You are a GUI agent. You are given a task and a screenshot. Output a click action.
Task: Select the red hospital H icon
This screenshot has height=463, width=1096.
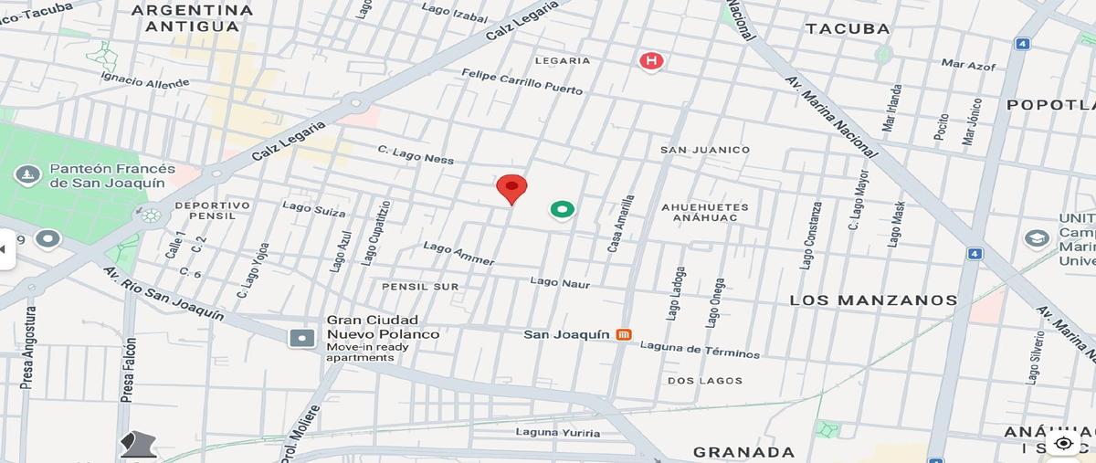point(650,61)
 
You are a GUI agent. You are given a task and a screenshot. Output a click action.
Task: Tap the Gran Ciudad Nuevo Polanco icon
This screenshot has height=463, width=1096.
point(301,338)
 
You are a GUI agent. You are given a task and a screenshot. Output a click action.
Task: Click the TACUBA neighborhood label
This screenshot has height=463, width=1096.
point(848,28)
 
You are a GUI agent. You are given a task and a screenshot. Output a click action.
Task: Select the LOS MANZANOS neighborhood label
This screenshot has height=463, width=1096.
point(873,300)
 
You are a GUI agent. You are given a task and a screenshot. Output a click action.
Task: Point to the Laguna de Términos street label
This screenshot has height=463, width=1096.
point(700,349)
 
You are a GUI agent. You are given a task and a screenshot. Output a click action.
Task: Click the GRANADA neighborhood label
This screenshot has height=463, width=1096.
point(743,451)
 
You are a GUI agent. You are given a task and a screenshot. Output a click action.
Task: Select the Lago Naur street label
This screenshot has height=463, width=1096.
point(560,283)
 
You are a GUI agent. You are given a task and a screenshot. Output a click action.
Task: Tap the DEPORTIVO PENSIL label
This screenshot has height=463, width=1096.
point(212,211)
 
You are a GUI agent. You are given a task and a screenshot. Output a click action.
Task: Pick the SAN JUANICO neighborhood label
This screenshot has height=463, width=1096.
point(705,150)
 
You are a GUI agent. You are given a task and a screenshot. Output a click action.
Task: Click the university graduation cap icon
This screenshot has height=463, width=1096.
point(1036,238)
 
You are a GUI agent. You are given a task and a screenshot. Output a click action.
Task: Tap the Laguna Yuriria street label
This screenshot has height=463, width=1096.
point(558,432)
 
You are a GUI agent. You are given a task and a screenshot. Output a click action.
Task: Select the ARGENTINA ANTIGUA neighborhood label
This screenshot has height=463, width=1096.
point(192,17)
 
